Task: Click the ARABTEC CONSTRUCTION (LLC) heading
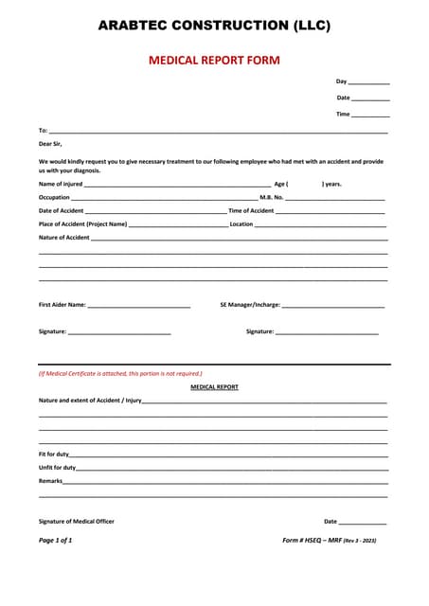214,26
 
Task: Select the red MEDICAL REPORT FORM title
214,60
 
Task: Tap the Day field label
342,81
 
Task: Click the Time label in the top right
343,114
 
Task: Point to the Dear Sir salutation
50,144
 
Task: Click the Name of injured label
61,184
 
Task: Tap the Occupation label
54,197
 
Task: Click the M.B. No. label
272,197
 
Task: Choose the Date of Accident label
62,210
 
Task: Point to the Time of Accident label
251,210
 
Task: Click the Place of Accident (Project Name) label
82,223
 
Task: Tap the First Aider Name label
63,305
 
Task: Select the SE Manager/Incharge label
250,305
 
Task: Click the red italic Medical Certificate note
120,373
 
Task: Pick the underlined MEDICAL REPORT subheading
214,386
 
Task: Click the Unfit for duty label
57,468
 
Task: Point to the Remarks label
50,481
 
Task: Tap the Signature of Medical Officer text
77,521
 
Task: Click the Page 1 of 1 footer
55,540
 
